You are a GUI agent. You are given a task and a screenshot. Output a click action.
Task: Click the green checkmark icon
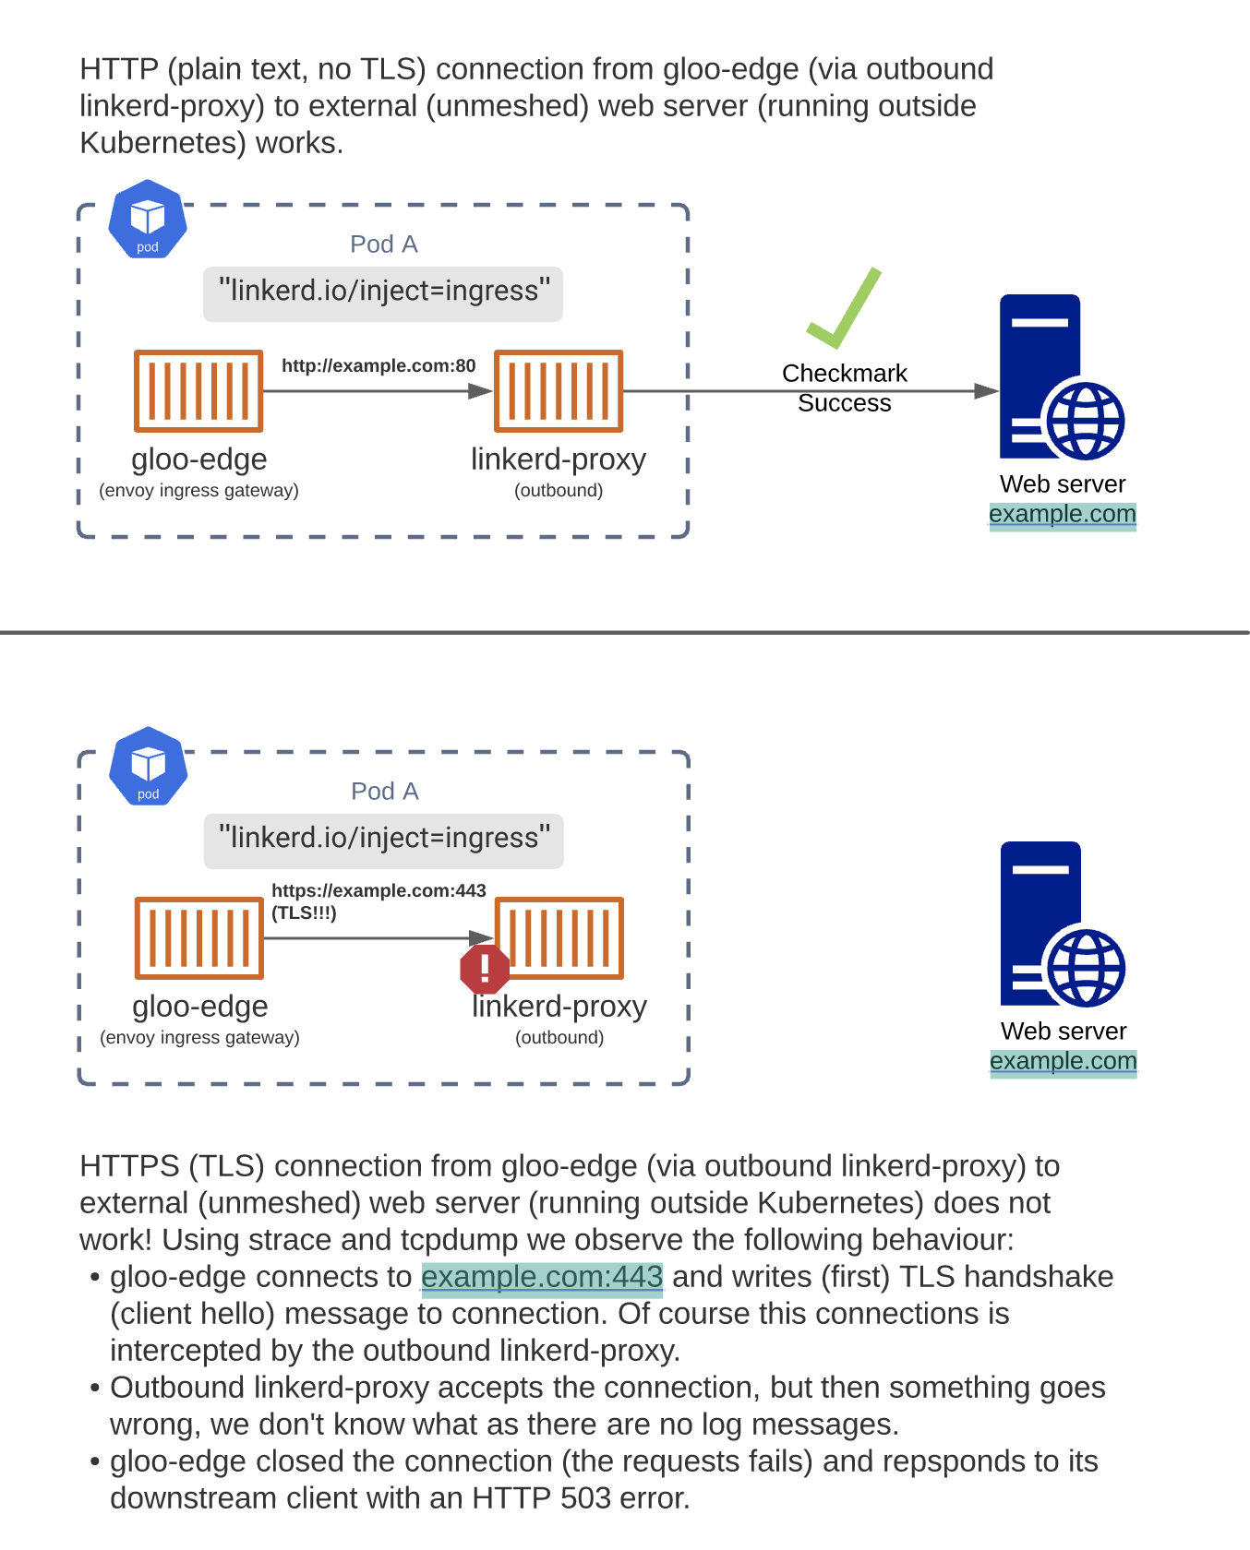click(x=844, y=311)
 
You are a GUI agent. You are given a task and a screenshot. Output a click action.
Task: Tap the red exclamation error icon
click(x=485, y=969)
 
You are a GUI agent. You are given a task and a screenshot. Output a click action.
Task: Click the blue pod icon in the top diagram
click(x=148, y=221)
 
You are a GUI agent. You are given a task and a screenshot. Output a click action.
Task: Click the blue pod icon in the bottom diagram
click(x=149, y=768)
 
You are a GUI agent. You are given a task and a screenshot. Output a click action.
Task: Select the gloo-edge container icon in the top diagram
click(x=198, y=391)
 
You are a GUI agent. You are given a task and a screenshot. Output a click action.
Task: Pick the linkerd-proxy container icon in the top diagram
click(x=559, y=391)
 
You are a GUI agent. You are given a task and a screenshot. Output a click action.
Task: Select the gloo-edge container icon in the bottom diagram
click(x=199, y=938)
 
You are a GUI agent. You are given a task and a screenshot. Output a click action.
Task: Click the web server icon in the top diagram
click(x=1061, y=377)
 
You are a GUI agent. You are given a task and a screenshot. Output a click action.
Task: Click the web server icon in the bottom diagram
click(x=1062, y=924)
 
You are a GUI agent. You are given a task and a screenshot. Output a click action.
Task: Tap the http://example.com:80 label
click(x=379, y=366)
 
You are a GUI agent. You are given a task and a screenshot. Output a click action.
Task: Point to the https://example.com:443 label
click(x=379, y=891)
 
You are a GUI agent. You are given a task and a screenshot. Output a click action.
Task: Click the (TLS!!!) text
click(x=304, y=913)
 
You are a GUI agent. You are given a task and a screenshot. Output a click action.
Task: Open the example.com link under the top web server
click(x=1062, y=514)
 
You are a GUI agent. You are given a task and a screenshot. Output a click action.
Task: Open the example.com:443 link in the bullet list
click(x=542, y=1277)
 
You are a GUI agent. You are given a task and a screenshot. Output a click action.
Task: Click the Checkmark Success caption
click(x=844, y=387)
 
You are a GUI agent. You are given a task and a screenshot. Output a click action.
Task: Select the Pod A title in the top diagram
click(x=383, y=244)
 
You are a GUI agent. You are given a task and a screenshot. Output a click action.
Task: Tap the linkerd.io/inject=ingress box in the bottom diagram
click(x=383, y=839)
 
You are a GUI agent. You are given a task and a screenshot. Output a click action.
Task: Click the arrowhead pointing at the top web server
click(x=986, y=391)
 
